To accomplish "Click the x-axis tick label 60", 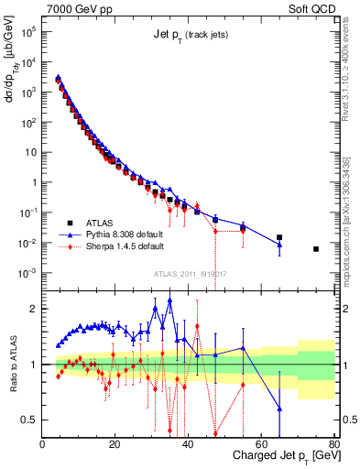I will pyautogui.click(x=261, y=444).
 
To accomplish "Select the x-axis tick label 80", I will pyautogui.click(x=333, y=444).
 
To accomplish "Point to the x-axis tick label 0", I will pyautogui.click(x=43, y=444).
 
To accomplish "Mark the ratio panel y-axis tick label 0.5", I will pyautogui.click(x=29, y=420).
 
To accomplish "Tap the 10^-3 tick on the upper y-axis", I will pyautogui.click(x=27, y=273).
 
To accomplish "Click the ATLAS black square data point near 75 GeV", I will pyautogui.click(x=316, y=249).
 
